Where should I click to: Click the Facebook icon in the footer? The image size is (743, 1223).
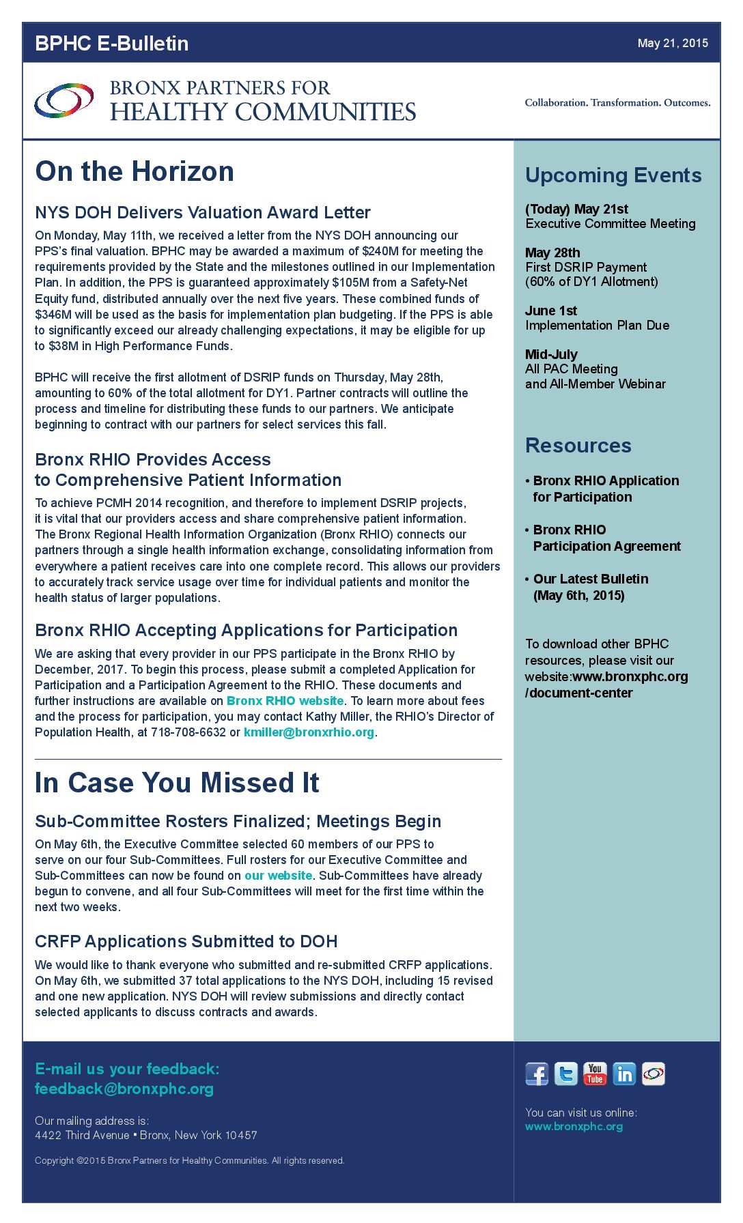(537, 1074)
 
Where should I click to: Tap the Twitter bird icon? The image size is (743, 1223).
(566, 1074)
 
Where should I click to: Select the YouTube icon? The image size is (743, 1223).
(595, 1074)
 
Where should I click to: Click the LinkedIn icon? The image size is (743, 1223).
(624, 1074)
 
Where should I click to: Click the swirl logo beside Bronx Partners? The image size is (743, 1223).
(64, 100)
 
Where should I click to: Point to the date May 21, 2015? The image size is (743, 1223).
(673, 43)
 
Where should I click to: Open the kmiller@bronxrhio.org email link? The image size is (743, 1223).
(309, 732)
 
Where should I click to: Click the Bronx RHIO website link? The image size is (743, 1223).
(285, 701)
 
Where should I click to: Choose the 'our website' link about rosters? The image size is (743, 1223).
(279, 876)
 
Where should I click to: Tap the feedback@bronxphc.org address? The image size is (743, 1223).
(124, 1089)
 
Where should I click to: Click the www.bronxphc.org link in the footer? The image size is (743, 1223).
(574, 1126)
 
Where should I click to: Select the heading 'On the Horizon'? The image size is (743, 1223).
(135, 171)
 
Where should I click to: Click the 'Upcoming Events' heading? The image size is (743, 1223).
(613, 175)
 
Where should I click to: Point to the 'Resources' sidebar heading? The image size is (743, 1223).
(578, 446)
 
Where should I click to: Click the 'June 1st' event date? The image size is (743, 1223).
(551, 311)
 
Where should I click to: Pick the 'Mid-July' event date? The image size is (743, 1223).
(551, 354)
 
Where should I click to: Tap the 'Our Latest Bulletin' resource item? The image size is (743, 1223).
(591, 579)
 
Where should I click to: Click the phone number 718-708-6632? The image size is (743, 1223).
(188, 732)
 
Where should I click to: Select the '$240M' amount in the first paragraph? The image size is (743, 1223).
(380, 251)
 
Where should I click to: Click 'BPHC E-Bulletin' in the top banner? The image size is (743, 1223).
(112, 43)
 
